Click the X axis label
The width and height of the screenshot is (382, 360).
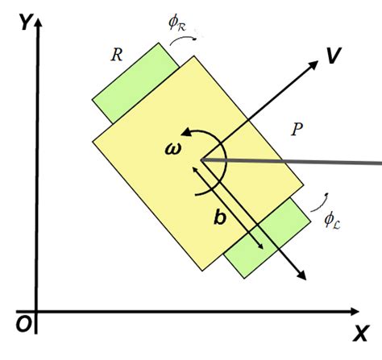tap(360, 331)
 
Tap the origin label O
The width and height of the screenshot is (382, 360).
tap(23, 323)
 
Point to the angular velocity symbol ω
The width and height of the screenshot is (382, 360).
tap(174, 149)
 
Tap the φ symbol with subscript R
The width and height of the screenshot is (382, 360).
tap(176, 24)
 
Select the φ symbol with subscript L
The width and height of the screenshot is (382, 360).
tap(330, 217)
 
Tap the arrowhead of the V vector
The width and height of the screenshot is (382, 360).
tap(313, 63)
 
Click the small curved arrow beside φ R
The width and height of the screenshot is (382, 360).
tap(194, 35)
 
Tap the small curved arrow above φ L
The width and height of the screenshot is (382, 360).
tap(324, 197)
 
